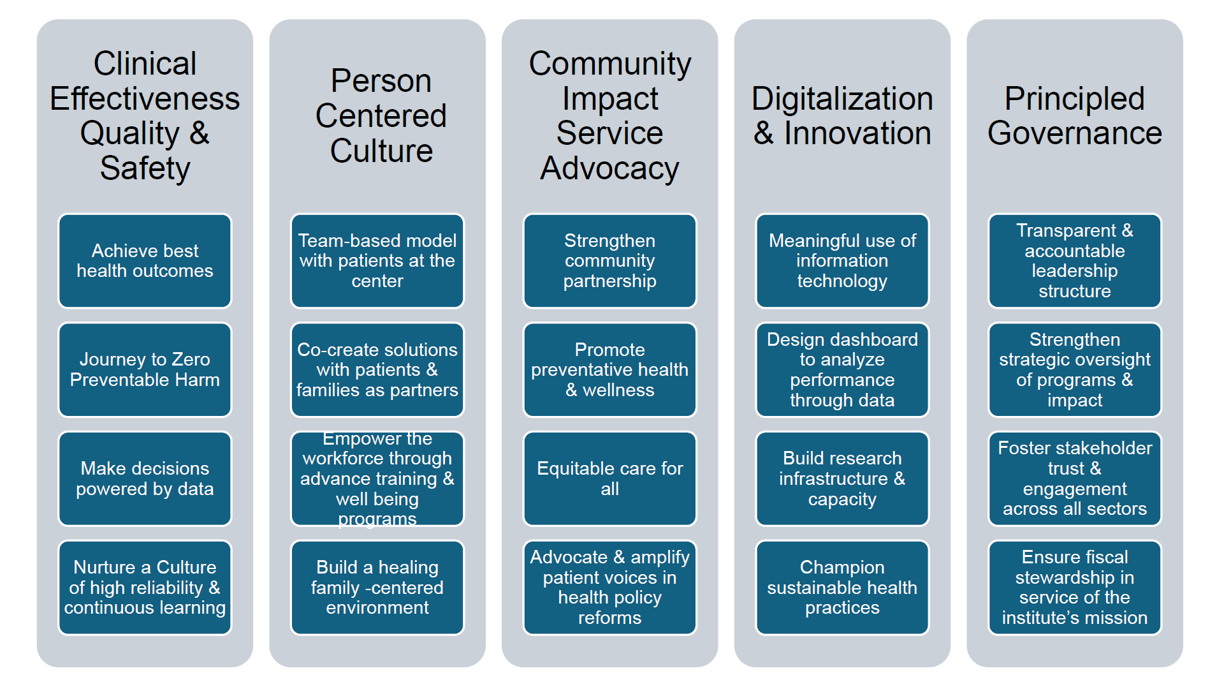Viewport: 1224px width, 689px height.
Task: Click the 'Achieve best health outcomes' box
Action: [145, 261]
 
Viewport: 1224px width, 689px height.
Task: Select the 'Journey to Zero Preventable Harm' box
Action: [145, 369]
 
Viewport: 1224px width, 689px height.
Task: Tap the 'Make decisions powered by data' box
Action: [145, 478]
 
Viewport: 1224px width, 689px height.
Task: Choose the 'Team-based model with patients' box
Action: [377, 261]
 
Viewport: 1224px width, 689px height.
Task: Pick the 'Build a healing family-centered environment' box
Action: [377, 588]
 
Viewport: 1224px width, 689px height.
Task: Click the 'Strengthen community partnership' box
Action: [609, 261]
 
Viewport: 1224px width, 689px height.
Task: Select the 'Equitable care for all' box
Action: [609, 478]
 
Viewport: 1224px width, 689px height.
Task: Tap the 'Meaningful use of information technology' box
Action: [842, 261]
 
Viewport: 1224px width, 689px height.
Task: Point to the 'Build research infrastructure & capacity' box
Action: [842, 478]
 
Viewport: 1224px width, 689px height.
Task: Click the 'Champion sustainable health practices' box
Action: [842, 588]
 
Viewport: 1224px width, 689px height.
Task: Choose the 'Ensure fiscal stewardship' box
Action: [1075, 588]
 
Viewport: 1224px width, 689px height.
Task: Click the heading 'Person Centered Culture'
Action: [381, 116]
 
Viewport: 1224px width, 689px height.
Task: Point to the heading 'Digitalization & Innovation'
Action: [842, 116]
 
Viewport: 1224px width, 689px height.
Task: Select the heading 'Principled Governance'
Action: [1075, 116]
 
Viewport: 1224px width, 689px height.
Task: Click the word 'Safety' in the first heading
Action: [145, 168]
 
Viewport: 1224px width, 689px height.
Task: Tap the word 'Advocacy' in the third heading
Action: [609, 168]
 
